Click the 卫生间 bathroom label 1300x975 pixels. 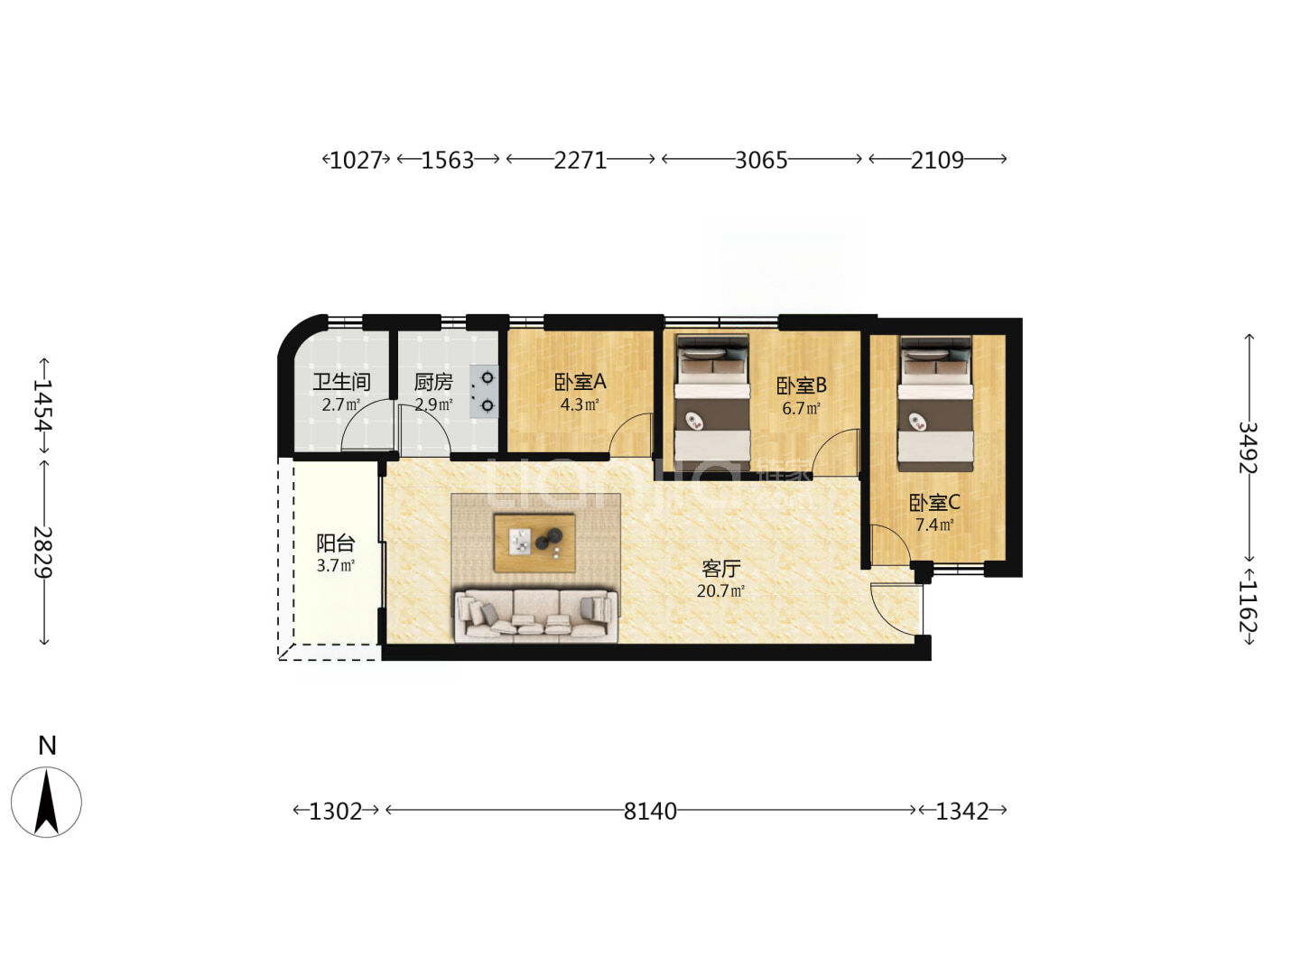tap(342, 382)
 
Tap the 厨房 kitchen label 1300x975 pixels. tap(433, 383)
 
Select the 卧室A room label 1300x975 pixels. tap(580, 383)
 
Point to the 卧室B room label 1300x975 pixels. tap(801, 386)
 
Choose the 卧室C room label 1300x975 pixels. tap(934, 503)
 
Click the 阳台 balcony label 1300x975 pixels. tap(336, 543)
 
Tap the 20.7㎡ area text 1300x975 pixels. tap(720, 590)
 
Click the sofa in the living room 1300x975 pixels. tap(536, 615)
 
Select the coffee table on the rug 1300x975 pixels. tap(534, 543)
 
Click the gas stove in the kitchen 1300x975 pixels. tap(485, 391)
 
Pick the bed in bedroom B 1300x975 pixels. tap(712, 404)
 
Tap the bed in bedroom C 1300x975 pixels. tap(935, 404)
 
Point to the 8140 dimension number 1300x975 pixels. tap(650, 812)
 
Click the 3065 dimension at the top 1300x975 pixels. tap(761, 161)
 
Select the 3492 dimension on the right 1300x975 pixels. tap(1248, 448)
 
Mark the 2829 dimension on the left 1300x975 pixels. tap(43, 552)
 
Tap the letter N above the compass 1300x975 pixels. tap(47, 746)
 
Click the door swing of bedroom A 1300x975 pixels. tap(630, 434)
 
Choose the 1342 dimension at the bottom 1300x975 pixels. tap(962, 812)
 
